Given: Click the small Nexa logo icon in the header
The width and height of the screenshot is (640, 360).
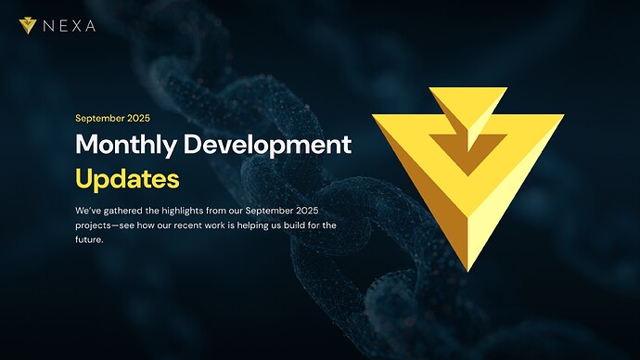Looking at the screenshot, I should [x=28, y=25].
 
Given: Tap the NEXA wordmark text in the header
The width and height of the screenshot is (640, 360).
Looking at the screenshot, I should [x=69, y=26].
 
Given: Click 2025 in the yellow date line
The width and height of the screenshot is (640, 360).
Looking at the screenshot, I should [x=137, y=119].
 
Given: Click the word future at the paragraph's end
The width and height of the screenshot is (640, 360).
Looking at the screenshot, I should [x=90, y=239].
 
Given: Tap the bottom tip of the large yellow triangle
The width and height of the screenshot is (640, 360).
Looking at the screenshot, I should [x=467, y=270].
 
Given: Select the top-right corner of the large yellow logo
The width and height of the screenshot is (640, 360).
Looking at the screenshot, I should [x=562, y=117].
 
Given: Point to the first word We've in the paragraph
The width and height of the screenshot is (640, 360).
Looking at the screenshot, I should [x=87, y=210].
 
